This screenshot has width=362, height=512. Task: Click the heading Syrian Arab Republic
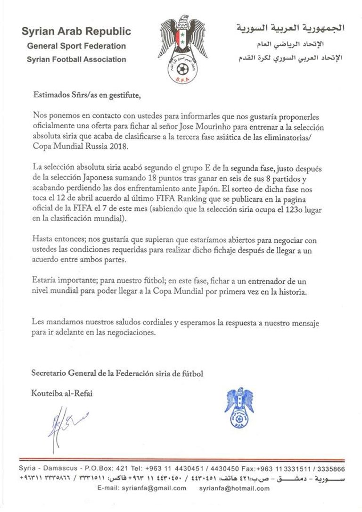tap(76, 32)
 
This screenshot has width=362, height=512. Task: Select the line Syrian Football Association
tap(76, 59)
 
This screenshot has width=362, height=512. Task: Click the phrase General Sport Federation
tap(76, 46)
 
